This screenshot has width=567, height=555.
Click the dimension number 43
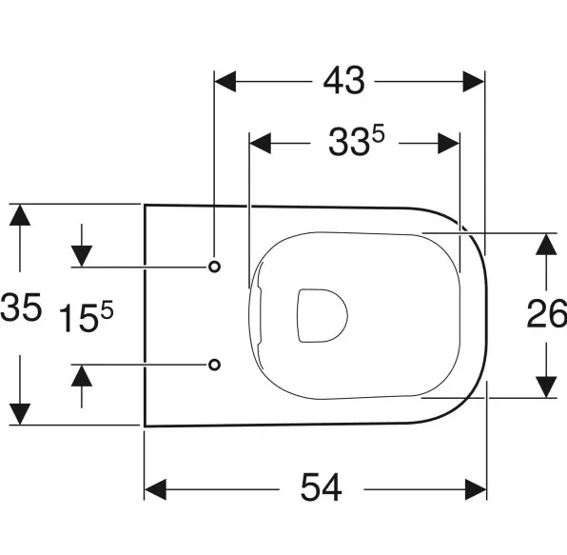(343, 81)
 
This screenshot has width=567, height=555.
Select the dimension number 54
(322, 487)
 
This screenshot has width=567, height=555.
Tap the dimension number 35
(21, 307)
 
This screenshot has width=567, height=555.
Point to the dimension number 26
(546, 314)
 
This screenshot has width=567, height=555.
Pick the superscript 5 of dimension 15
(107, 309)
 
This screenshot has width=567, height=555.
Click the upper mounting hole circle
(214, 267)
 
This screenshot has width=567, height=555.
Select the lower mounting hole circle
(214, 365)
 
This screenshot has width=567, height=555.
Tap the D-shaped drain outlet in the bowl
(322, 315)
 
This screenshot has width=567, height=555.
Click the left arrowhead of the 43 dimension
(225, 82)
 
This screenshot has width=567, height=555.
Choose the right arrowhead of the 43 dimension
(474, 82)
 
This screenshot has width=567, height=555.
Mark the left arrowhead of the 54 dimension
(155, 489)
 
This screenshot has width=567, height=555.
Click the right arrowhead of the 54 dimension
(476, 489)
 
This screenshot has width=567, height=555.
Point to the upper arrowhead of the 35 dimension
(20, 215)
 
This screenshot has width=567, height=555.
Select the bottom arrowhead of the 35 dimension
(20, 414)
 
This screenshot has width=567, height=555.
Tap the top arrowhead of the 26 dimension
(546, 245)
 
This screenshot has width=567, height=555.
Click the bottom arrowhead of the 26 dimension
(546, 387)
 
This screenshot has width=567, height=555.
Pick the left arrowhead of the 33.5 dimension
(261, 144)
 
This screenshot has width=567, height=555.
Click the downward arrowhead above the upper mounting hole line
(82, 256)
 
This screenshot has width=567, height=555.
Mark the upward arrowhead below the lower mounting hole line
(82, 375)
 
